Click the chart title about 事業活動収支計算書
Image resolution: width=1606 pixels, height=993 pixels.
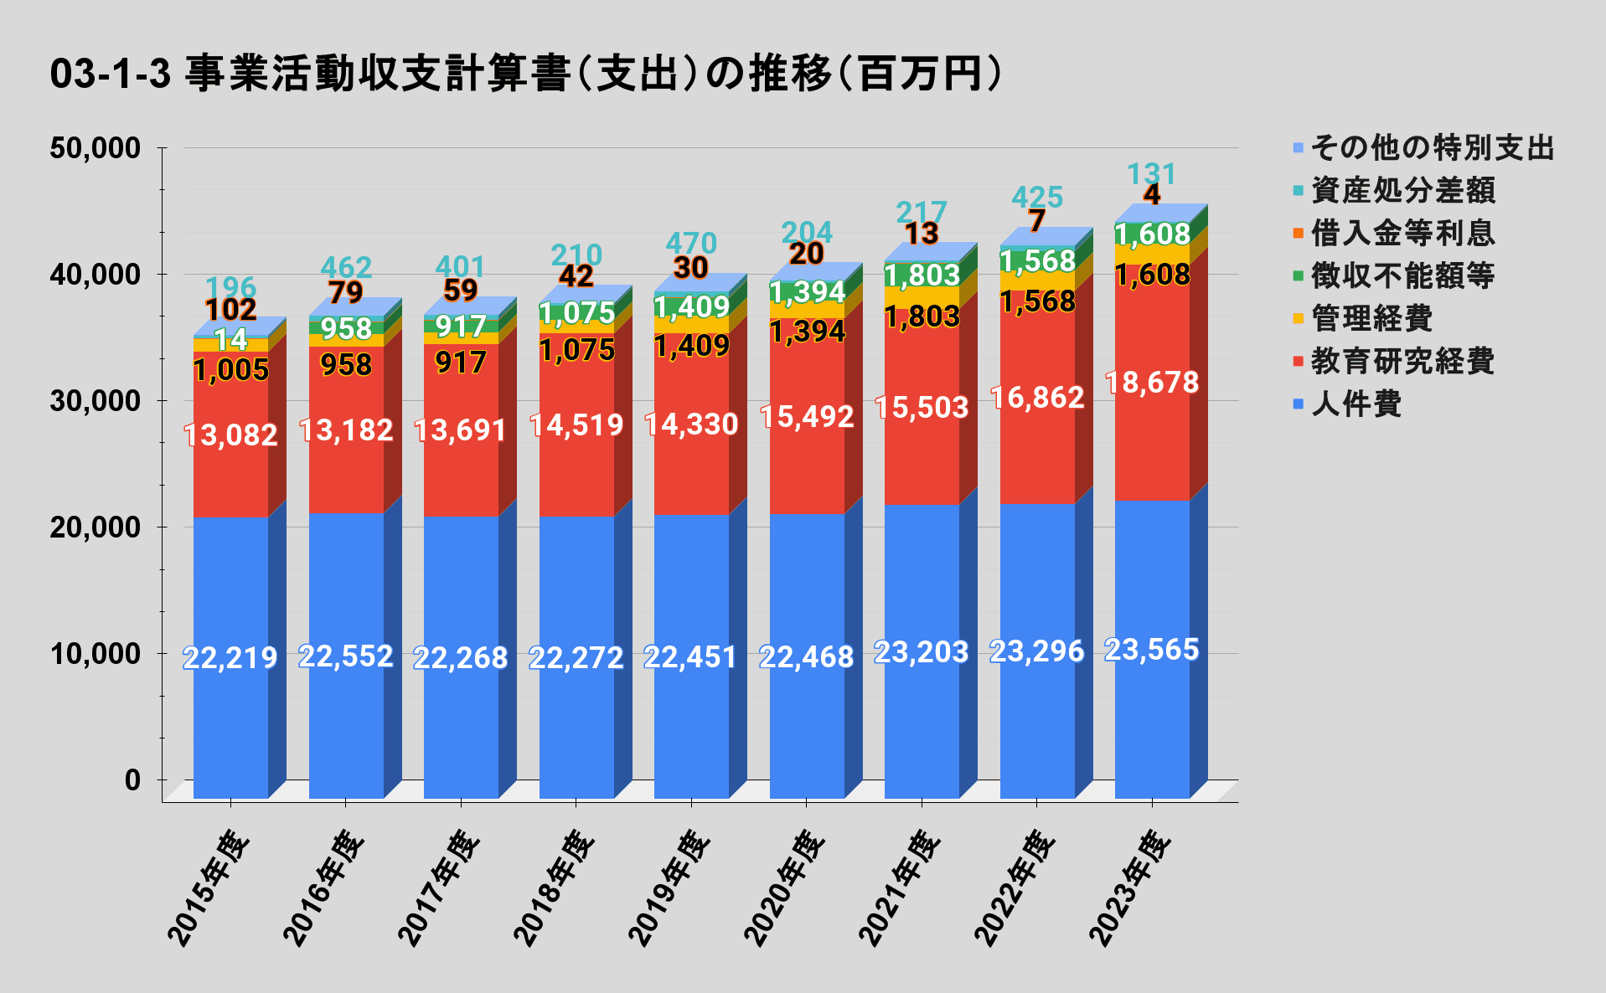[526, 74]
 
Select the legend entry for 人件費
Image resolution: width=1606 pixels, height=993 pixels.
[1356, 404]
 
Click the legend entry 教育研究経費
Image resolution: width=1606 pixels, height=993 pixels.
[1402, 362]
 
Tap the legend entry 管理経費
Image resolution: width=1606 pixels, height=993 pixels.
[1371, 319]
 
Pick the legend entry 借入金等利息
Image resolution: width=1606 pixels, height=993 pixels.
[1402, 233]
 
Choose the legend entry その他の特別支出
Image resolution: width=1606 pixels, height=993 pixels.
[1432, 148]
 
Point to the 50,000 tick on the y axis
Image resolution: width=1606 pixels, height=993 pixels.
[95, 148]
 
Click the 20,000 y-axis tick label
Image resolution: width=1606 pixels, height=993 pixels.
[95, 527]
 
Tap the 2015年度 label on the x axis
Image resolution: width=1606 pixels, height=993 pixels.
[209, 888]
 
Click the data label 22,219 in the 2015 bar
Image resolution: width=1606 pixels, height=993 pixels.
[230, 658]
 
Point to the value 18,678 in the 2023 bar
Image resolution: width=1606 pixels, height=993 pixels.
[1152, 383]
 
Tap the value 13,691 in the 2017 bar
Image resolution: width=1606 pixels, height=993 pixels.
[461, 430]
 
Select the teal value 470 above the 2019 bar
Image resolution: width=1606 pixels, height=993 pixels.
[691, 244]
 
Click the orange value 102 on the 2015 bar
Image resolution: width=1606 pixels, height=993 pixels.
[231, 310]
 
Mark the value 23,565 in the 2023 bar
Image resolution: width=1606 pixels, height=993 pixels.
[1152, 650]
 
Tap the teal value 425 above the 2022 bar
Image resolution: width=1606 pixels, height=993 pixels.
[1037, 198]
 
